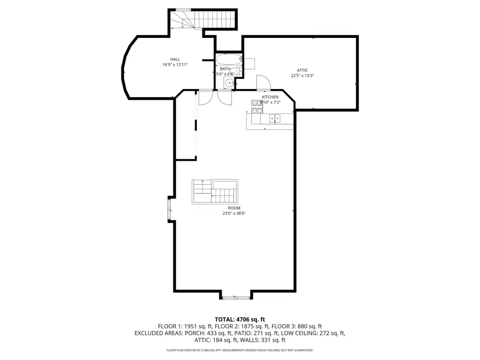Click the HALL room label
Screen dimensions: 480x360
pyautogui.click(x=175, y=60)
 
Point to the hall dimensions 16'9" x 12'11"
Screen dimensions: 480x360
pyautogui.click(x=175, y=65)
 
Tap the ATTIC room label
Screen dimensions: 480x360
pyautogui.click(x=302, y=70)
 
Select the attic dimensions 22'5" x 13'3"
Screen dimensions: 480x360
pyautogui.click(x=302, y=75)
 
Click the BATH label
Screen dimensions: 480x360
pyautogui.click(x=225, y=69)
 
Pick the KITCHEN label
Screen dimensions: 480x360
pyautogui.click(x=270, y=97)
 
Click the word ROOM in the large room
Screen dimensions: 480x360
pyautogui.click(x=234, y=208)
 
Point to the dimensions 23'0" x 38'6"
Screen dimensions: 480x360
pyautogui.click(x=234, y=213)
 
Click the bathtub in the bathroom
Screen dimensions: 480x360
pyautogui.click(x=229, y=59)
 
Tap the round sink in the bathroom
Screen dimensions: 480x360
pyautogui.click(x=229, y=82)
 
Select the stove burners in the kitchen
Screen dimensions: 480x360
pyautogui.click(x=257, y=106)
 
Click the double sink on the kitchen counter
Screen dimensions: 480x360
pyautogui.click(x=275, y=119)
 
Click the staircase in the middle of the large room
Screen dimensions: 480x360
pyautogui.click(x=215, y=192)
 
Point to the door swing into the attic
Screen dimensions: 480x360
pyautogui.click(x=264, y=82)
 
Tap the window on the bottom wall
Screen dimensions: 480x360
pyautogui.click(x=236, y=298)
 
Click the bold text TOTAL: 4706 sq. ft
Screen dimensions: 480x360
pyautogui.click(x=240, y=320)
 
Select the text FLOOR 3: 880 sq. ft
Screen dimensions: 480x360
pyautogui.click(x=297, y=326)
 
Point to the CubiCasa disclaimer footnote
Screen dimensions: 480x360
pyautogui.click(x=240, y=350)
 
